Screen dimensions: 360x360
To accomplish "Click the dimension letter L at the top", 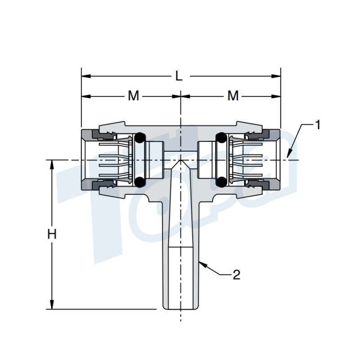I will click(x=179, y=76).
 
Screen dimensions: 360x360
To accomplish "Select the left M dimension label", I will click(x=134, y=96).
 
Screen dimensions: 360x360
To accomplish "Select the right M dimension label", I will click(x=233, y=96).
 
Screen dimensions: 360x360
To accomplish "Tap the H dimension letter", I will click(x=52, y=234).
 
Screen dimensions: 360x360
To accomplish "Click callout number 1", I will click(x=318, y=125).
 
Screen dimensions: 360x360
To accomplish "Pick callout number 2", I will click(x=236, y=275).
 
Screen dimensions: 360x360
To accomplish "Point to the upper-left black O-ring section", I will click(x=140, y=137).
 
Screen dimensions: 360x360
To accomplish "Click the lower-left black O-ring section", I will click(x=140, y=181).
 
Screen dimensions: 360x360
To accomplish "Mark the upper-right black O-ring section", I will click(x=221, y=137).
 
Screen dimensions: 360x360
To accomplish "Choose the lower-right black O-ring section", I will click(x=221, y=181).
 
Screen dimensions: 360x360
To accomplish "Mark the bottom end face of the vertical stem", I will click(x=180, y=309).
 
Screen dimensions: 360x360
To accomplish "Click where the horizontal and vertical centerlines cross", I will click(x=180, y=160).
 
